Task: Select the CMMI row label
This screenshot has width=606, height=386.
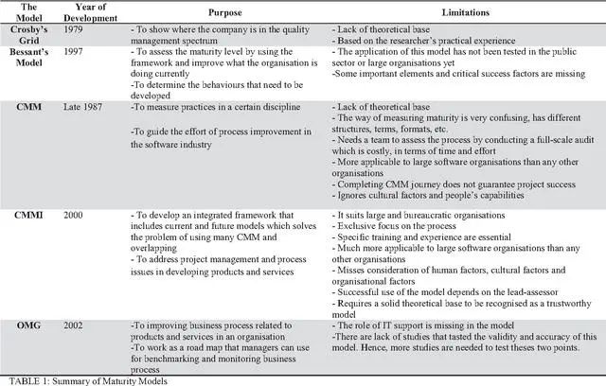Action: tap(27, 216)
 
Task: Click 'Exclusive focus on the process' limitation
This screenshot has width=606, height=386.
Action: tap(398, 228)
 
